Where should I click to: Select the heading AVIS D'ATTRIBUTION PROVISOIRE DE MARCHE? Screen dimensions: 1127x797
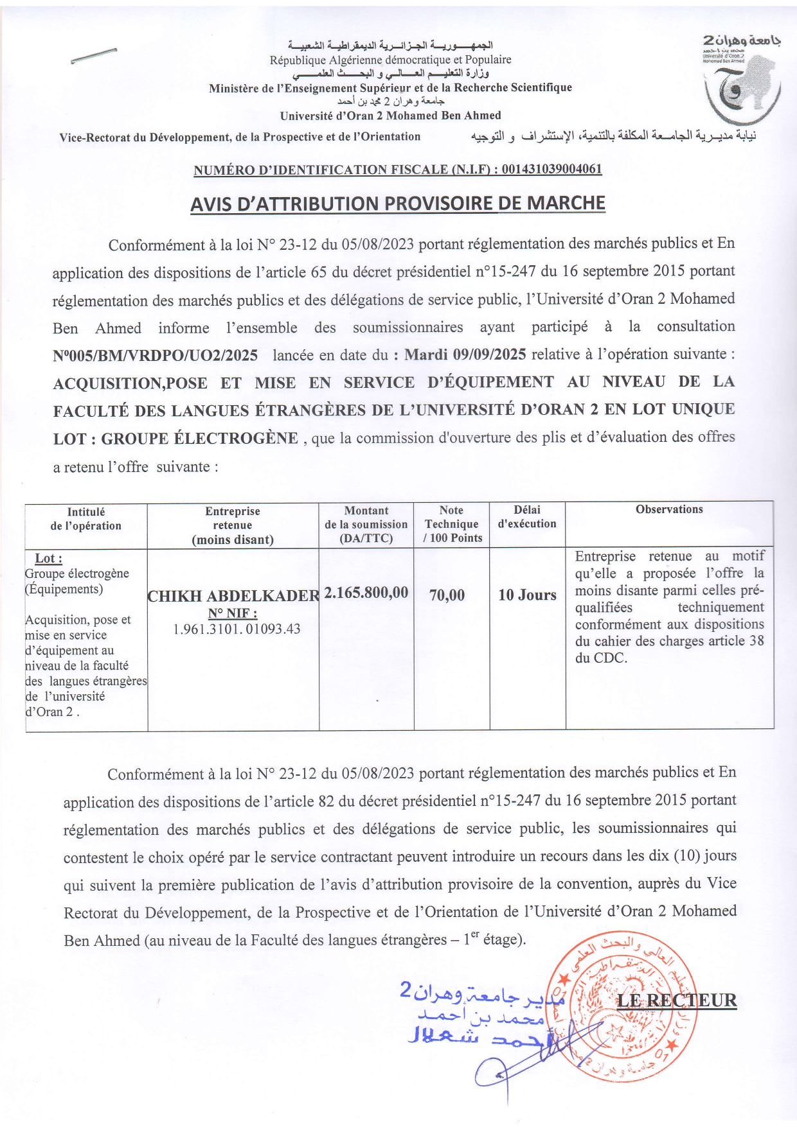pyautogui.click(x=398, y=204)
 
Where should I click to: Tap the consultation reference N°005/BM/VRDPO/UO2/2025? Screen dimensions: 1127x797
pyautogui.click(x=156, y=355)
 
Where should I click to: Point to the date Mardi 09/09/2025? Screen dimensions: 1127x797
pyautogui.click(x=465, y=354)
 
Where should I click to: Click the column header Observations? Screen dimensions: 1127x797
pyautogui.click(x=669, y=509)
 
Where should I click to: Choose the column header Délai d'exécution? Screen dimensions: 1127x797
pyautogui.click(x=527, y=517)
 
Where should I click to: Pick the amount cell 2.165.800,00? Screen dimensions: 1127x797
pyautogui.click(x=366, y=592)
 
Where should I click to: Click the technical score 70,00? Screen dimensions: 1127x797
pyautogui.click(x=447, y=595)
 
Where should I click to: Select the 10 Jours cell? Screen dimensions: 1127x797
pyautogui.click(x=527, y=595)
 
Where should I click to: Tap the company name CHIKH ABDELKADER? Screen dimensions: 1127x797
pyautogui.click(x=233, y=596)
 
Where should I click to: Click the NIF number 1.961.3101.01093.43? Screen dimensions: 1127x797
pyautogui.click(x=237, y=629)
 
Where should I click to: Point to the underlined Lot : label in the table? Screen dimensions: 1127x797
pyautogui.click(x=48, y=559)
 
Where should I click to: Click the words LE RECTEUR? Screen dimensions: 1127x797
pyautogui.click(x=676, y=1000)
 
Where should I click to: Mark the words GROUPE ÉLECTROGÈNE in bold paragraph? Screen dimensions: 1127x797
pyautogui.click(x=199, y=439)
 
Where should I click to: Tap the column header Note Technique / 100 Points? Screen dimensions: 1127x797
pyautogui.click(x=451, y=524)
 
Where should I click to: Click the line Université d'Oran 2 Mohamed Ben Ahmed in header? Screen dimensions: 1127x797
pyautogui.click(x=390, y=116)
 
